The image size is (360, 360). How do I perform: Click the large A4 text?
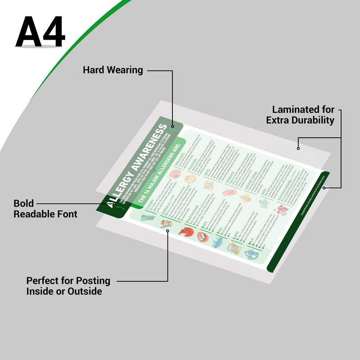pos(40,32)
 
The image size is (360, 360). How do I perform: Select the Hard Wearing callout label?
pos(113,70)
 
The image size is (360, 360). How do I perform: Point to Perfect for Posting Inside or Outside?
pos(68,286)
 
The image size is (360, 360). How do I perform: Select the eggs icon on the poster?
pos(203,236)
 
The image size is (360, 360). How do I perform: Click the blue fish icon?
pos(218,243)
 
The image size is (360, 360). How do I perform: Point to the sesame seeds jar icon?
pos(246,198)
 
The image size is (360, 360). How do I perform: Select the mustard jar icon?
pos(192,180)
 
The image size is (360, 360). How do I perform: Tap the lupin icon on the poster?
pos(234,248)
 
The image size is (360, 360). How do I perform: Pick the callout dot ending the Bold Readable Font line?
pos(115,203)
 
